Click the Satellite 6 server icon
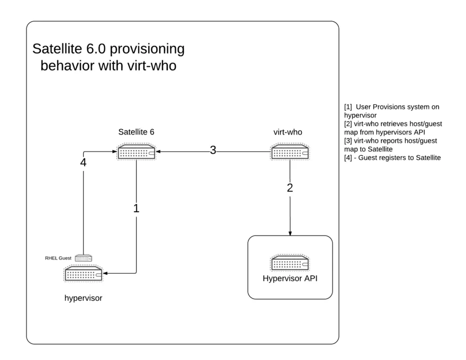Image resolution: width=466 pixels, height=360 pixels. pos(137,152)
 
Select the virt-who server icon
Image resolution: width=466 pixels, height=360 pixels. pos(290,152)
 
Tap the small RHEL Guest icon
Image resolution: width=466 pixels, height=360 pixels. pos(83,258)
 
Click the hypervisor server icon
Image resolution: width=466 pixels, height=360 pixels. pos(83,274)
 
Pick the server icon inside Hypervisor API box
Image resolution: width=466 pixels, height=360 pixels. pos(290,263)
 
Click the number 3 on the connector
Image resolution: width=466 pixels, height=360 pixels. pos(213,150)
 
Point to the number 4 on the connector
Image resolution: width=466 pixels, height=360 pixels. pos(83,163)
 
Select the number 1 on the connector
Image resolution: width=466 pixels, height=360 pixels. pos(136,208)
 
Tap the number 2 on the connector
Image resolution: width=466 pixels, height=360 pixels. pos(290,187)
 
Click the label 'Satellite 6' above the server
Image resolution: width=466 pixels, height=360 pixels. pos(136,132)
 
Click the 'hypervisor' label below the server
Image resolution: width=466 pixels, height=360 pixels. pos(83,298)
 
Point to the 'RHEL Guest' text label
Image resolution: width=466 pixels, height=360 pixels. pos(58,258)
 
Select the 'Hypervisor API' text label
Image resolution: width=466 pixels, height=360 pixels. pos(290,279)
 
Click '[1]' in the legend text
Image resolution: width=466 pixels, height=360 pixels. pos(348,107)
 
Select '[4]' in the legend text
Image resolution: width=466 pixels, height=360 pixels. pos(348,158)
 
